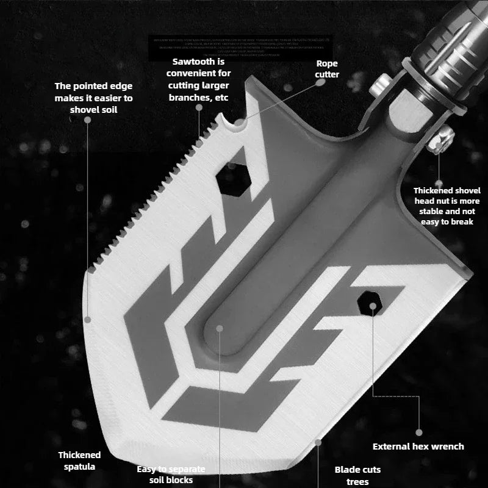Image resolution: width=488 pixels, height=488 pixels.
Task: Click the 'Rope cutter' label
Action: pos(327,69)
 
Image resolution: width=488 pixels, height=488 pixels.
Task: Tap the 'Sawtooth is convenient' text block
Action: pos(198,79)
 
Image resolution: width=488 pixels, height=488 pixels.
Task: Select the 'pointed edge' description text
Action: pos(93,98)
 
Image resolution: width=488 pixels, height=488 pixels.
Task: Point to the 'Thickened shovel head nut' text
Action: pos(447,206)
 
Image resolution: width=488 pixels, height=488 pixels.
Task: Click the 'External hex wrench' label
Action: pos(418,447)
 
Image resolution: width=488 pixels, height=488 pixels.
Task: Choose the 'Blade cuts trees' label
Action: pos(357,476)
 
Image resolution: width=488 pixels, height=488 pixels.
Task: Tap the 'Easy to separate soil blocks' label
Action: pos(171,475)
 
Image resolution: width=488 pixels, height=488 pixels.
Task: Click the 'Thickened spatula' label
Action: pos(79,461)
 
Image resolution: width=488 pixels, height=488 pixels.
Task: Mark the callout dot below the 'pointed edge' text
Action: pos(88,120)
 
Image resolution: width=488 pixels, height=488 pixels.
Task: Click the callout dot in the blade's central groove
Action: pos(220,328)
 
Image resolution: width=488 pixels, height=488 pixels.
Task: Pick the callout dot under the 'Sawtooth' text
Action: pos(199,107)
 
